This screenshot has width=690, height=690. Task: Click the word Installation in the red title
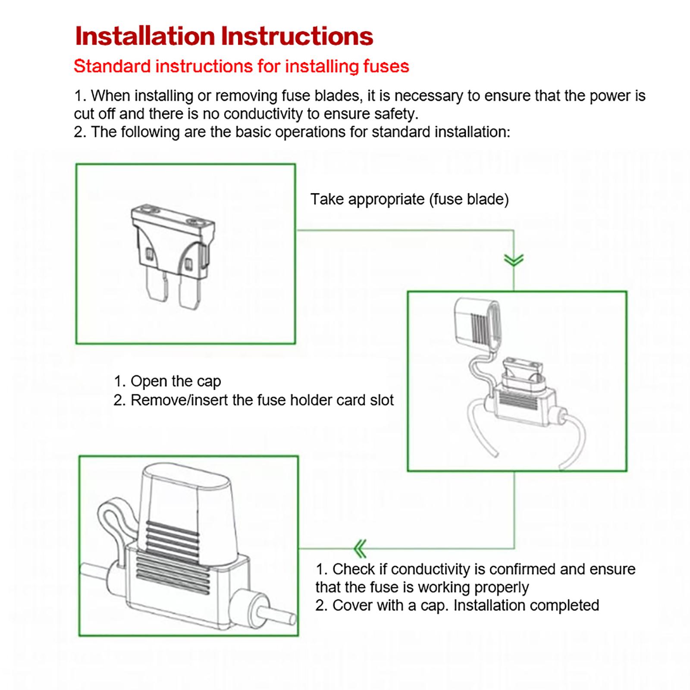pos(145,36)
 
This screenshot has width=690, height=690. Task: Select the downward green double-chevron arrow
pos(514,260)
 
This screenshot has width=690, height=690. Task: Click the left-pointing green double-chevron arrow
pos(360,549)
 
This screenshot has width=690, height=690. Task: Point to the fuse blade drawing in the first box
pos(173,257)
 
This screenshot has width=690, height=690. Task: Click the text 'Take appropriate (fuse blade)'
pos(410,199)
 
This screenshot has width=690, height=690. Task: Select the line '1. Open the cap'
pos(167,381)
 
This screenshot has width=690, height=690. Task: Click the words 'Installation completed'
pos(526,605)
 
